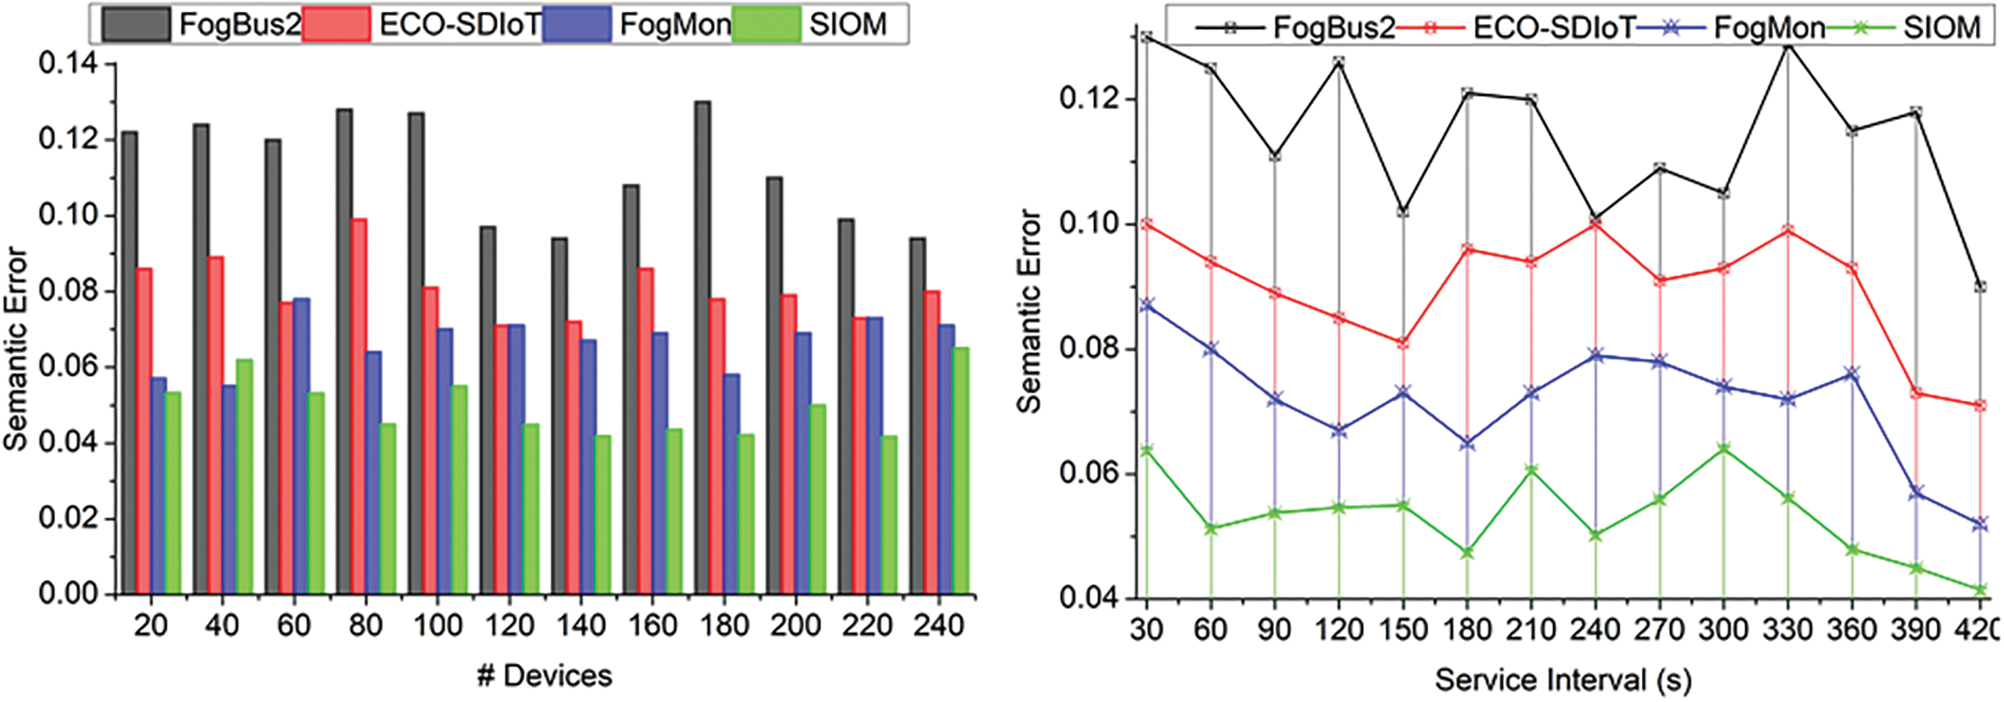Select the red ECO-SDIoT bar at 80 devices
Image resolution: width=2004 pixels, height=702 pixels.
(359, 404)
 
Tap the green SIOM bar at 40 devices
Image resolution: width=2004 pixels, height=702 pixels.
(244, 476)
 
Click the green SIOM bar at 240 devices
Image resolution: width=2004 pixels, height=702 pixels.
(961, 470)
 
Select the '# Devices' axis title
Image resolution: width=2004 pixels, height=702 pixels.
(544, 675)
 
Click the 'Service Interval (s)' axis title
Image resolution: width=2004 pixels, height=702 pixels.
(1563, 680)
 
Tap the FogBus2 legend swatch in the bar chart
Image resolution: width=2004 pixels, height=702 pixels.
(136, 24)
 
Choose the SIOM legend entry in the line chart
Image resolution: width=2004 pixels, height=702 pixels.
(1941, 28)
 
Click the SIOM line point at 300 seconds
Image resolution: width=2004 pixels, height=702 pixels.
(1723, 449)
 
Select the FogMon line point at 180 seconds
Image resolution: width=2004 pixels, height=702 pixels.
(1467, 444)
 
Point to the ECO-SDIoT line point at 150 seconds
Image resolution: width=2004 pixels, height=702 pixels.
(1403, 343)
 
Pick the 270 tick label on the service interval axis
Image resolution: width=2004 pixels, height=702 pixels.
(1659, 630)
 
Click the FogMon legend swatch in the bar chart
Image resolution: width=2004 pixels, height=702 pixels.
(577, 24)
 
